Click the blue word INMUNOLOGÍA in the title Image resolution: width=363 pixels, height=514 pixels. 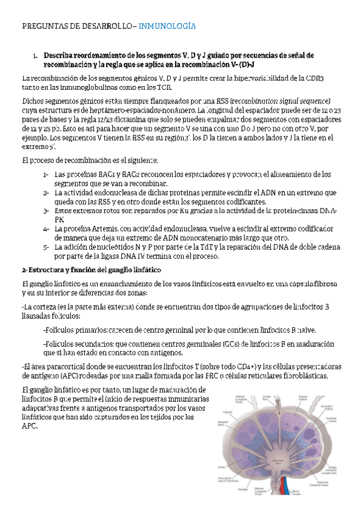[167, 27]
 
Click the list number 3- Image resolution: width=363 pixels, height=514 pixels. [46, 210]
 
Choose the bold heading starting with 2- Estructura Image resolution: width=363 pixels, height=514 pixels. [91, 269]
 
